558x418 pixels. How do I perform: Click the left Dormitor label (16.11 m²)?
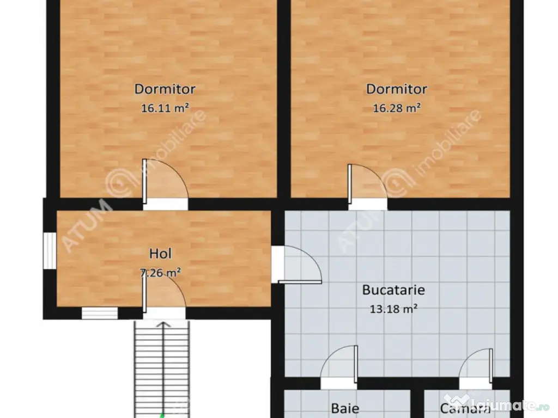(x=165, y=89)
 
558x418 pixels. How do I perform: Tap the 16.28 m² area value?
(x=396, y=108)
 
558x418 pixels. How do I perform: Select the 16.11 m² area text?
(x=165, y=108)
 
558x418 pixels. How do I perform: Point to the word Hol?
(x=160, y=253)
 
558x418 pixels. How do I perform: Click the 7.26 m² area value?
(x=160, y=273)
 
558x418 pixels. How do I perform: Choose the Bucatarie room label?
(x=393, y=290)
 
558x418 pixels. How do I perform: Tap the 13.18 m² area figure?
(x=393, y=309)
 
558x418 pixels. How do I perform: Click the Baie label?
(x=345, y=408)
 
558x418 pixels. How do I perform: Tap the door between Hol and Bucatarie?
(x=297, y=265)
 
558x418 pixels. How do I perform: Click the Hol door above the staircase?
(x=164, y=297)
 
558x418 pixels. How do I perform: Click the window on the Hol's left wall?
(x=50, y=251)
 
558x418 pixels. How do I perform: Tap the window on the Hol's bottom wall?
(x=100, y=313)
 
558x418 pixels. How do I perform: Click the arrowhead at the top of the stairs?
(x=162, y=325)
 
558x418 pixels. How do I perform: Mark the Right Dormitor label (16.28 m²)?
(x=396, y=89)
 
